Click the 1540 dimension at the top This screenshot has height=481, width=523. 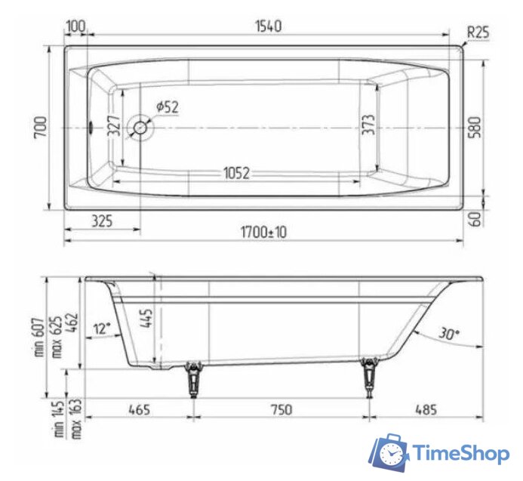(x=268, y=26)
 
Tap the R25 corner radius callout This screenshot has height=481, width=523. (x=478, y=32)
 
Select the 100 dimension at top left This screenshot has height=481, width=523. (x=75, y=26)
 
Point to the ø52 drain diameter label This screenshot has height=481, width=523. (x=168, y=107)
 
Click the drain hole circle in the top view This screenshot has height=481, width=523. (x=140, y=127)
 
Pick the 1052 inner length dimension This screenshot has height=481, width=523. (x=236, y=173)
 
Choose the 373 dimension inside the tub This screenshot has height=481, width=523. (x=368, y=125)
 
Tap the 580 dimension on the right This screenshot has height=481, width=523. (x=473, y=127)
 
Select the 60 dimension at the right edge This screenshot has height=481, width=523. (x=473, y=219)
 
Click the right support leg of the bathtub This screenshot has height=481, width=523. (x=369, y=377)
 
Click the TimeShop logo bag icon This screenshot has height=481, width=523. (x=388, y=452)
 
